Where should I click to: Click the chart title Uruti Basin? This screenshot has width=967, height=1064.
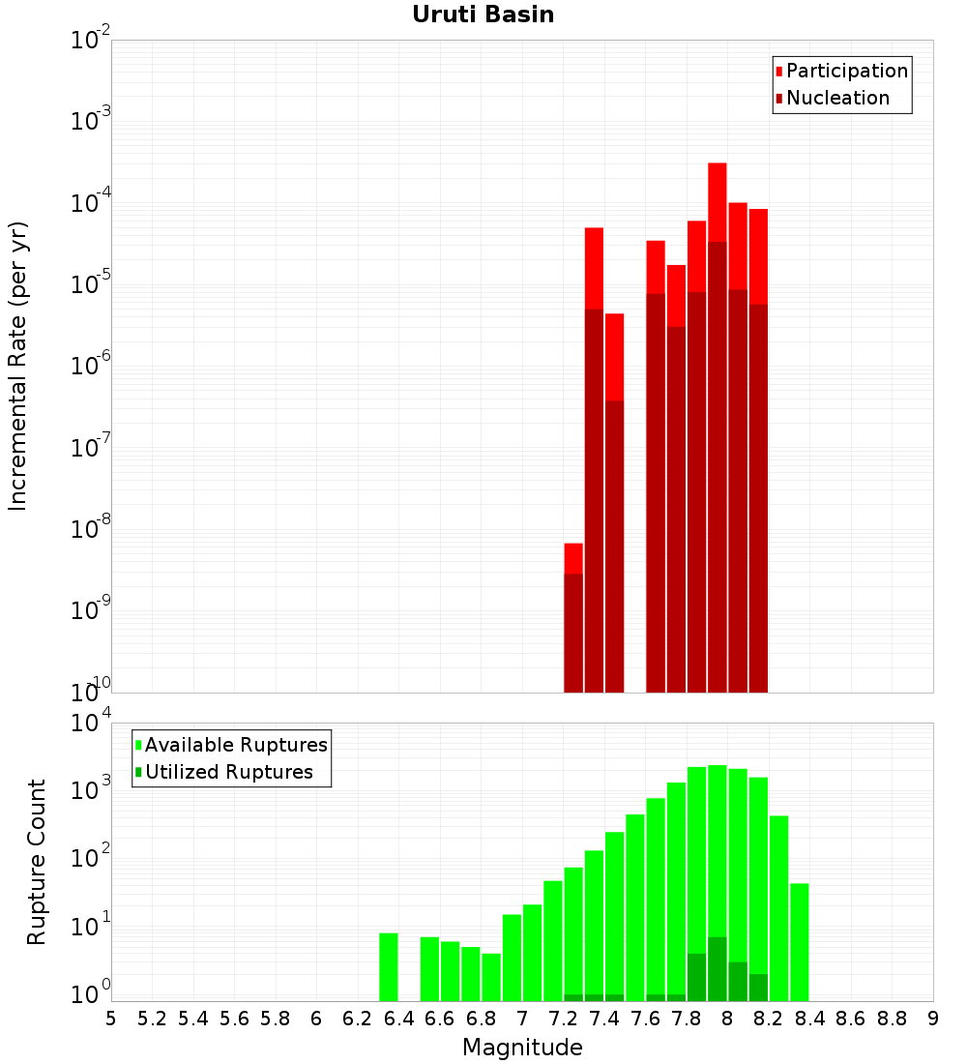[x=483, y=15]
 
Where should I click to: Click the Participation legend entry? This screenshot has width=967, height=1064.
[x=847, y=71]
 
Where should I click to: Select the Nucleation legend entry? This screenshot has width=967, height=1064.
[x=837, y=98]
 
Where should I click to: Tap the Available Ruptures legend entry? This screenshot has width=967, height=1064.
[x=236, y=745]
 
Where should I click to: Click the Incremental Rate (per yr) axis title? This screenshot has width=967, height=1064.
[x=18, y=367]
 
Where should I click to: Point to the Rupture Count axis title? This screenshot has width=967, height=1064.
[x=37, y=862]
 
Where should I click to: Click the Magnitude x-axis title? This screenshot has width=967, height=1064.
[x=522, y=1048]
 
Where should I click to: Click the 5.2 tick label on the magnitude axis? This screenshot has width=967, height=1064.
[x=152, y=1019]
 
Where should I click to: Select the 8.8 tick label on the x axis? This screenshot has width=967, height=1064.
[x=892, y=1019]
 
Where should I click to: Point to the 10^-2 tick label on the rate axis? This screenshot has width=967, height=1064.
[x=91, y=42]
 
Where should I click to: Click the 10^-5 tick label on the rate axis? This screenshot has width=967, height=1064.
[x=91, y=285]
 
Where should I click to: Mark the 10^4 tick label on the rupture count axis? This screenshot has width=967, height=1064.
[x=91, y=724]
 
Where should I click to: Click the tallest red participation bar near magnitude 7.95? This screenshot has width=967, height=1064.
[x=717, y=203]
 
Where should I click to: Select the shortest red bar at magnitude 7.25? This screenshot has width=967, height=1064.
[x=573, y=558]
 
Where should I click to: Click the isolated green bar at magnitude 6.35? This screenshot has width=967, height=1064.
[x=388, y=967]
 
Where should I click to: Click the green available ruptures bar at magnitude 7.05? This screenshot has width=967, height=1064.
[x=532, y=953]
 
